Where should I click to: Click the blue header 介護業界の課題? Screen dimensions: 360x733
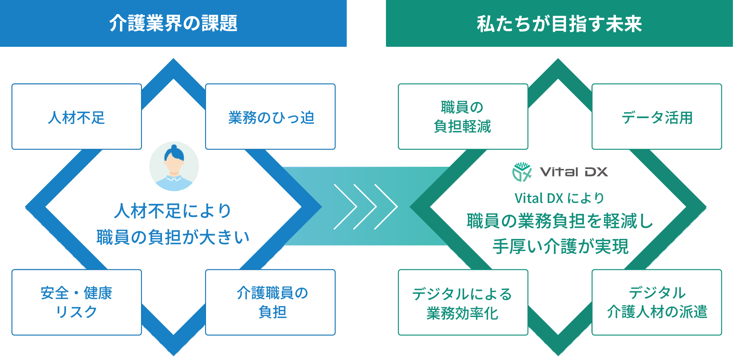174,24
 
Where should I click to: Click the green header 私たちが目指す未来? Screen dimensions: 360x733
559,24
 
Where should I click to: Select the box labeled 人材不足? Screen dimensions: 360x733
76,117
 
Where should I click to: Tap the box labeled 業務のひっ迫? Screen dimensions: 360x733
271,117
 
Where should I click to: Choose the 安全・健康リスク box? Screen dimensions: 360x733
76,303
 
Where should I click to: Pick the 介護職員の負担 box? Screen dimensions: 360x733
271,303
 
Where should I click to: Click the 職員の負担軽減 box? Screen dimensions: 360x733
462,117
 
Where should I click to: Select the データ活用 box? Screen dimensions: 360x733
657,117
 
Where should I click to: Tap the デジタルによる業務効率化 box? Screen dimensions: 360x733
462,303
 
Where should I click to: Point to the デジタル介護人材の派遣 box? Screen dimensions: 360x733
657,303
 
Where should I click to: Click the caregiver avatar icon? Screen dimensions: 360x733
174,166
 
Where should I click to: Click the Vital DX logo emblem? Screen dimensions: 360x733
522,172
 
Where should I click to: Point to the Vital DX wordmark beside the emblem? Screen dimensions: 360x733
574,172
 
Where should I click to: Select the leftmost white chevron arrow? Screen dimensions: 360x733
345,207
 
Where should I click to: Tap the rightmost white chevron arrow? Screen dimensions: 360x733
386,207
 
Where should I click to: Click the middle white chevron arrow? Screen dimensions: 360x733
365,207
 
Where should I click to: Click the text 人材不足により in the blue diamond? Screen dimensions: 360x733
173,211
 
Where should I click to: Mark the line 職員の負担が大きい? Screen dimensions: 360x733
173,237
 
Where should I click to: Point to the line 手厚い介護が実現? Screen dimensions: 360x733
560,246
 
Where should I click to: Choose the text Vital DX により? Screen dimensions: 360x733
559,198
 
